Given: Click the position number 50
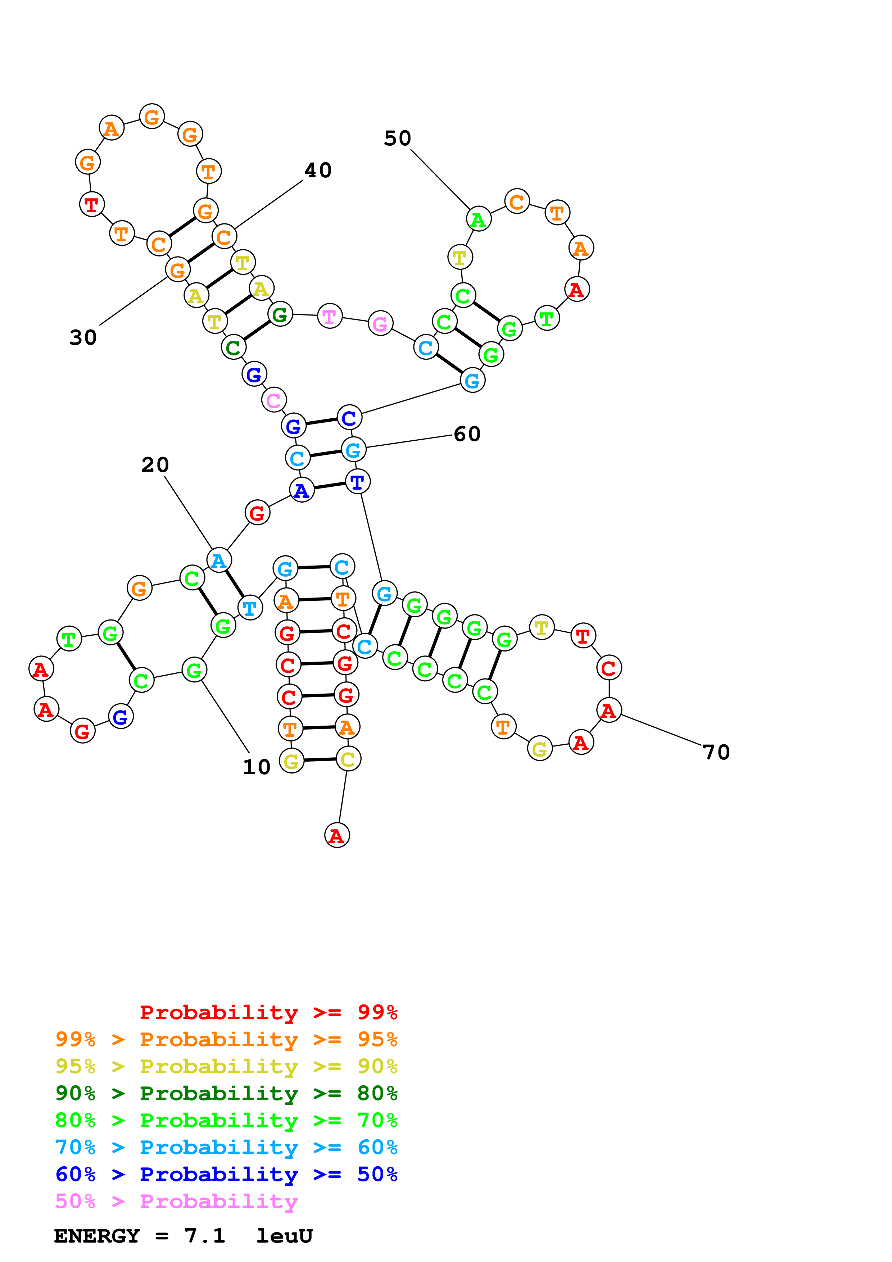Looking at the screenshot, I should [397, 139].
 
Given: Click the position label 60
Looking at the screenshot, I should [467, 434].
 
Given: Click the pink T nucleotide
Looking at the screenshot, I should [330, 316].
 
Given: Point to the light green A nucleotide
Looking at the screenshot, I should [479, 219].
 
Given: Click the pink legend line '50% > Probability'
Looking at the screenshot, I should [176, 1202].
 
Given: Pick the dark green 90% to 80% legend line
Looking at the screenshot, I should [226, 1093].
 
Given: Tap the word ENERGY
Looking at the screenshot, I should [97, 1236].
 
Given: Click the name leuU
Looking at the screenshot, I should [284, 1236].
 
